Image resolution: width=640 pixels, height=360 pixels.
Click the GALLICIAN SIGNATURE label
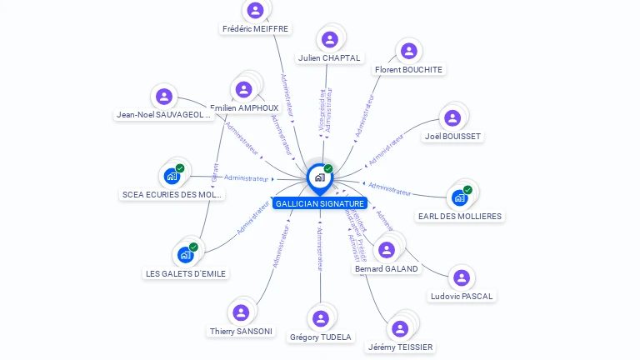[319, 203]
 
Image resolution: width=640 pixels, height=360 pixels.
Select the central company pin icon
[319, 177]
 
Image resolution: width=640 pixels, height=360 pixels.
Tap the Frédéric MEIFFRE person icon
[255, 10]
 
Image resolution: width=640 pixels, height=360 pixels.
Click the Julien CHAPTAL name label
[329, 58]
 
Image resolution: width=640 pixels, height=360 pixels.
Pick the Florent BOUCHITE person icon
[408, 51]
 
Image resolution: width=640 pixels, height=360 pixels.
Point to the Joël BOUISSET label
[452, 137]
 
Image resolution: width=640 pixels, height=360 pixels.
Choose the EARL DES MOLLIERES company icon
[459, 197]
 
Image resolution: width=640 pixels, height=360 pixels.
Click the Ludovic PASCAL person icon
[462, 277]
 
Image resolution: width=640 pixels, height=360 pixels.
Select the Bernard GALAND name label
[386, 269]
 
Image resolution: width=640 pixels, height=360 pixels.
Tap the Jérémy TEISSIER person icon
[401, 328]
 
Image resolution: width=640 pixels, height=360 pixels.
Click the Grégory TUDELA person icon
[321, 318]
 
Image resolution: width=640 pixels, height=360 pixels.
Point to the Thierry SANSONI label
[241, 331]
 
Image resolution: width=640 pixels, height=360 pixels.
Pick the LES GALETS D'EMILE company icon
[185, 255]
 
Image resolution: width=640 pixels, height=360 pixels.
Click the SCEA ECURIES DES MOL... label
[172, 195]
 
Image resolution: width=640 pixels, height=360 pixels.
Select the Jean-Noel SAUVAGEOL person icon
[164, 96]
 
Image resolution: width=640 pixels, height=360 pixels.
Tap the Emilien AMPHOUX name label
[244, 108]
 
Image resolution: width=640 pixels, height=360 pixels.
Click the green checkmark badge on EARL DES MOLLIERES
[467, 190]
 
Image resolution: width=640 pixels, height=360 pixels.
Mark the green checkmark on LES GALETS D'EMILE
[193, 247]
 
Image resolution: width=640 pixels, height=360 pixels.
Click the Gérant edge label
[216, 172]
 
